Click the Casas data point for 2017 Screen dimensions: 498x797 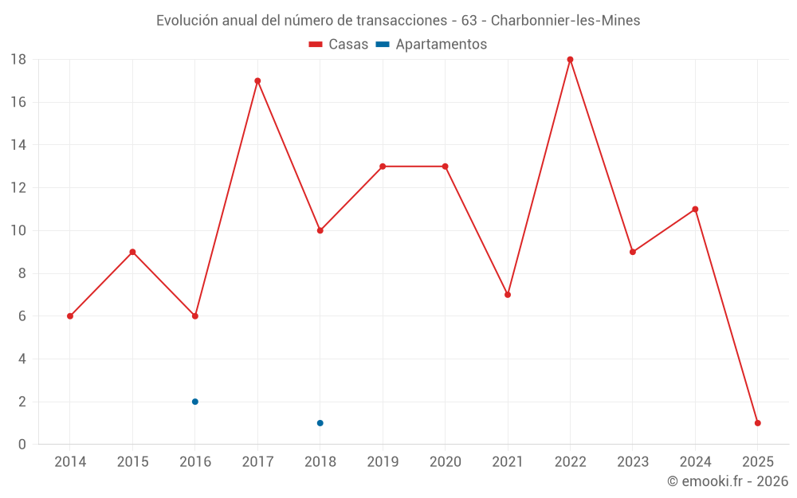[257, 80]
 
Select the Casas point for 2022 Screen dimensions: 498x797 [570, 60]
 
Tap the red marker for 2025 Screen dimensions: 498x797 [757, 423]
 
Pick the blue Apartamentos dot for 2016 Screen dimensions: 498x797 [195, 402]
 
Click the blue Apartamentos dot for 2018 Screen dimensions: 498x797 [320, 423]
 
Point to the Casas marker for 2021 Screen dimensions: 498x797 [508, 295]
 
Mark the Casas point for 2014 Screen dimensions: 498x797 [70, 316]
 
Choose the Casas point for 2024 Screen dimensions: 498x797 [695, 210]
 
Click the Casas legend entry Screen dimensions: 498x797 [339, 45]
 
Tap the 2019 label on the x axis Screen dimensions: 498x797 [383, 462]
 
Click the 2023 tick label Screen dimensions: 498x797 [633, 462]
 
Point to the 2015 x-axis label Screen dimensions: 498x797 [132, 462]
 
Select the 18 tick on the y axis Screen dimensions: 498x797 [18, 60]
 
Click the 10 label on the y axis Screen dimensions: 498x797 [18, 231]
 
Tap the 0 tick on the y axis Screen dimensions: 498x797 [22, 445]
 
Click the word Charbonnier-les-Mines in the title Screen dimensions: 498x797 [565, 21]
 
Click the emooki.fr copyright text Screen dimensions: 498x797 [728, 481]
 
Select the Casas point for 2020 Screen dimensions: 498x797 [445, 167]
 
